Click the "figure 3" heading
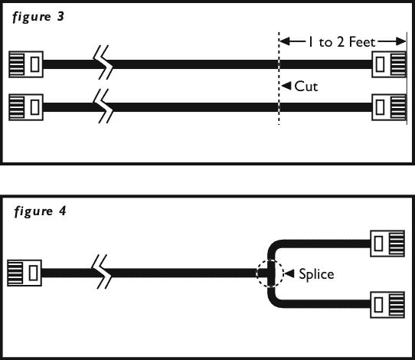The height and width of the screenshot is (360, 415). pyautogui.click(x=38, y=17)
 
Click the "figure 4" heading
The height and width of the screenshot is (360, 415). pyautogui.click(x=40, y=211)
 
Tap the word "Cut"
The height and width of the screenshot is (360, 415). pyautogui.click(x=306, y=87)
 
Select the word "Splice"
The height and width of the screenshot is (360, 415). pyautogui.click(x=316, y=274)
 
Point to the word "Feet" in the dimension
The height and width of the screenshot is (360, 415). pyautogui.click(x=362, y=42)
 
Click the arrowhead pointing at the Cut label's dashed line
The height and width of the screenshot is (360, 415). pyautogui.click(x=286, y=86)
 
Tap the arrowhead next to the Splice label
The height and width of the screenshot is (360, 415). pyautogui.click(x=289, y=273)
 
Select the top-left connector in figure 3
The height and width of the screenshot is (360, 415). pyautogui.click(x=26, y=64)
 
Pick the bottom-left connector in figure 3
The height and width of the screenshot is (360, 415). pyautogui.click(x=26, y=107)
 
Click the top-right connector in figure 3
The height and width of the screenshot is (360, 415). pyautogui.click(x=389, y=64)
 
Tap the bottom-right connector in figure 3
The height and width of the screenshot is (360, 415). pyautogui.click(x=389, y=107)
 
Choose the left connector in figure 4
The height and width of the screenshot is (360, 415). pyautogui.click(x=25, y=273)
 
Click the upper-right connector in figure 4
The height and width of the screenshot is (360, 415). pyautogui.click(x=387, y=244)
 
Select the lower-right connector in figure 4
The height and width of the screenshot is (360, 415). pyautogui.click(x=387, y=305)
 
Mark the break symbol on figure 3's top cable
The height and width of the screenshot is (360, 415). pyautogui.click(x=103, y=63)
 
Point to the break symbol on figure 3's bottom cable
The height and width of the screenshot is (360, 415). pyautogui.click(x=103, y=106)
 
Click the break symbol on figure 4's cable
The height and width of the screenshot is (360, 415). pyautogui.click(x=101, y=272)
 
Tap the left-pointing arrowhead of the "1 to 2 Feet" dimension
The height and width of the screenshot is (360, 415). pyautogui.click(x=285, y=41)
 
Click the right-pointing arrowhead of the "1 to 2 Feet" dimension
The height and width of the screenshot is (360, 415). pyautogui.click(x=400, y=41)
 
